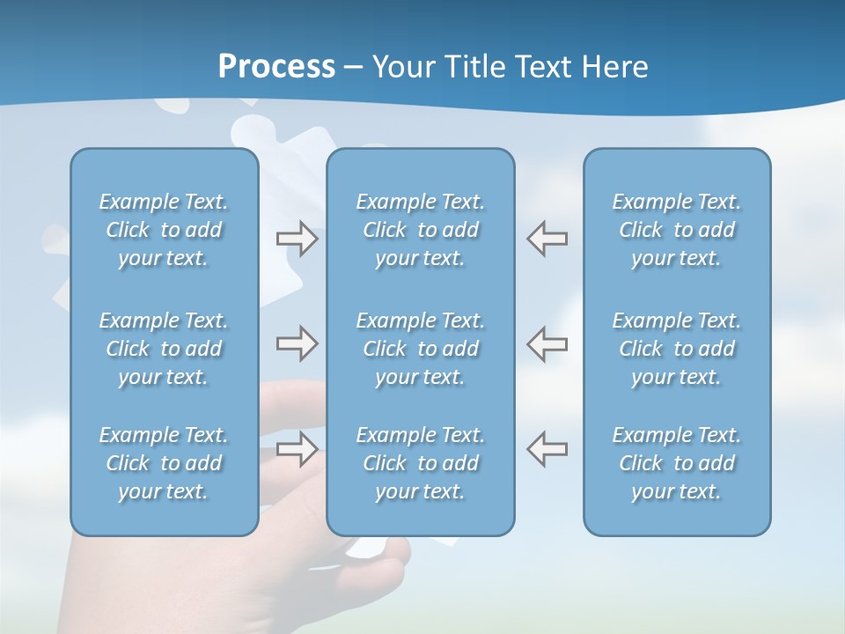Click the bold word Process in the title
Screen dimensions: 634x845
(x=276, y=67)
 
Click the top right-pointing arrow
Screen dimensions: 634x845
(x=297, y=239)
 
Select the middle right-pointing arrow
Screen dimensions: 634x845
(x=297, y=343)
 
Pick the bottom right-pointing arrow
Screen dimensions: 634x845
(x=297, y=448)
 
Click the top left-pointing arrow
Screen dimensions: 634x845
(x=547, y=239)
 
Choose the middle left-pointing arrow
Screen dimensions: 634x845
(x=547, y=343)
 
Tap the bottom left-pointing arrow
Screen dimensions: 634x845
(x=547, y=448)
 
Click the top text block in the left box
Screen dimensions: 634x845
(x=164, y=230)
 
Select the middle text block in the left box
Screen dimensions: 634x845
(x=164, y=349)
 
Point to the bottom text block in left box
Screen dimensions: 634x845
(x=164, y=463)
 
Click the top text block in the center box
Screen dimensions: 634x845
(x=420, y=230)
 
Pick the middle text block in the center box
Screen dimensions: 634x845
(x=420, y=349)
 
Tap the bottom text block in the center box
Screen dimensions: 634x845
(x=420, y=463)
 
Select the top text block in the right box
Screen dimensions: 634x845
(x=677, y=230)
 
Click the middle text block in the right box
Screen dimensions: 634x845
(x=677, y=349)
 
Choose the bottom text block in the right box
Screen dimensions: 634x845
(x=677, y=463)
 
